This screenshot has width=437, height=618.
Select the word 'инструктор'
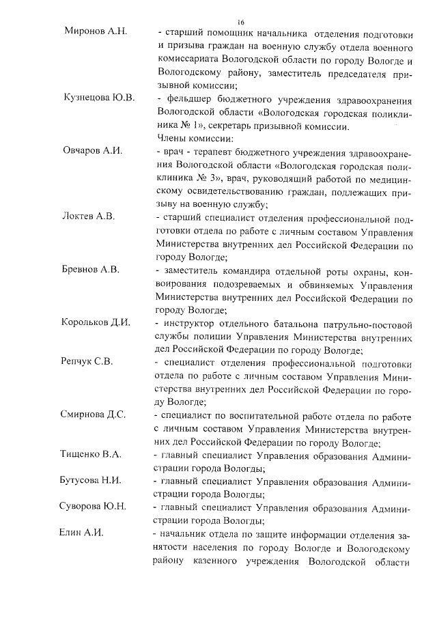click(x=189, y=322)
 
